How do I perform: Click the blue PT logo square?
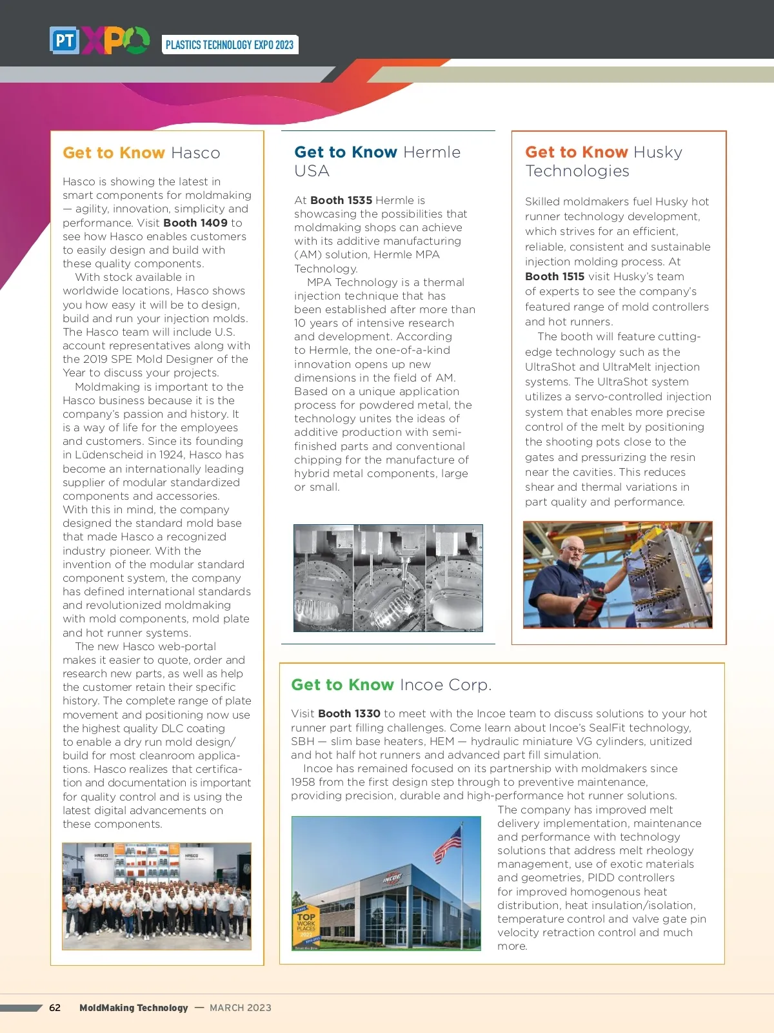point(64,41)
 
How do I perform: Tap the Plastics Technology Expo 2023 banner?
point(230,45)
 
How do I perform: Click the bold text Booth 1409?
point(195,223)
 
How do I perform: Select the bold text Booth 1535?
point(341,200)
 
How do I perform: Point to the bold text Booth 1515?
point(555,276)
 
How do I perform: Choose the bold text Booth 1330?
point(349,713)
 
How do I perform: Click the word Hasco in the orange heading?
point(195,153)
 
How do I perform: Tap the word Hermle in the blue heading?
point(432,152)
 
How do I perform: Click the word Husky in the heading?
point(658,152)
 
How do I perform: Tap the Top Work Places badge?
point(306,927)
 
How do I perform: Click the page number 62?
point(55,1008)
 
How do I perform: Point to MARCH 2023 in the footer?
point(241,1008)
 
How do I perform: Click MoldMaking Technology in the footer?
point(134,1008)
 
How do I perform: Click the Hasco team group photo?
point(157,896)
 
